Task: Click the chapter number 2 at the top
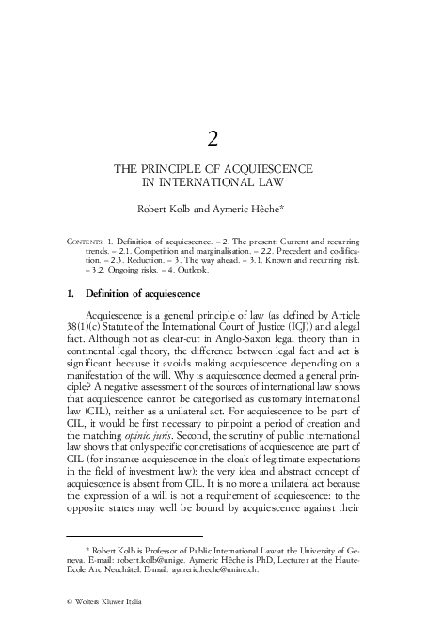213,140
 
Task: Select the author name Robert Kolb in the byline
166,210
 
